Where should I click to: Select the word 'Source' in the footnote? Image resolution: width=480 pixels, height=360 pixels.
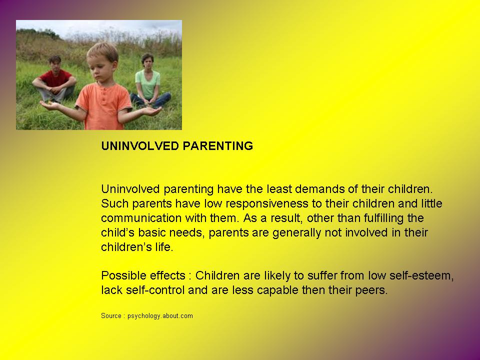coord(110,316)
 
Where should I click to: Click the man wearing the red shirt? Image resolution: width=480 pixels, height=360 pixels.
coord(55,80)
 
